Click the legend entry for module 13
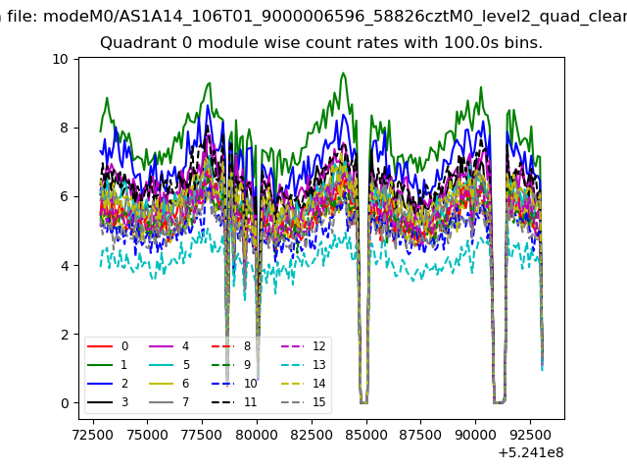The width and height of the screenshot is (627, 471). [x=304, y=365]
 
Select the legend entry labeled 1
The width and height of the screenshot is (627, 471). [x=107, y=365]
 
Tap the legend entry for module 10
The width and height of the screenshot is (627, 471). [x=234, y=384]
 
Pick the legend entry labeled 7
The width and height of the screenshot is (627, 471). [x=169, y=402]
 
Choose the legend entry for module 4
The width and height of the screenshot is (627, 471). [x=169, y=346]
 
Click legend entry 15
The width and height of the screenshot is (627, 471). [x=304, y=402]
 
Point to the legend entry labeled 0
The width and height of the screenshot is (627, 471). [x=108, y=346]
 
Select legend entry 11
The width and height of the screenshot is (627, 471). [x=234, y=402]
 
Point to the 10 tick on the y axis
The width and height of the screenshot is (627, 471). [x=60, y=59]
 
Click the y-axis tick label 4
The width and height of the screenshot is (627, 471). [x=65, y=266]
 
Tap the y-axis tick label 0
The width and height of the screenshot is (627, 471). [x=65, y=403]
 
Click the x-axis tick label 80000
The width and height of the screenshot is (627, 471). [x=257, y=435]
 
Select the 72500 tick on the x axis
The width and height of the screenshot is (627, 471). [x=93, y=435]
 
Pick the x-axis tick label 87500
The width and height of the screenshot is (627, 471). [x=420, y=435]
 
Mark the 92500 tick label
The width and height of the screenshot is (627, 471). [x=530, y=435]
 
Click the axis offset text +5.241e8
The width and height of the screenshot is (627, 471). [x=531, y=453]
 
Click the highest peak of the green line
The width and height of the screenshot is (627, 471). [x=343, y=74]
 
